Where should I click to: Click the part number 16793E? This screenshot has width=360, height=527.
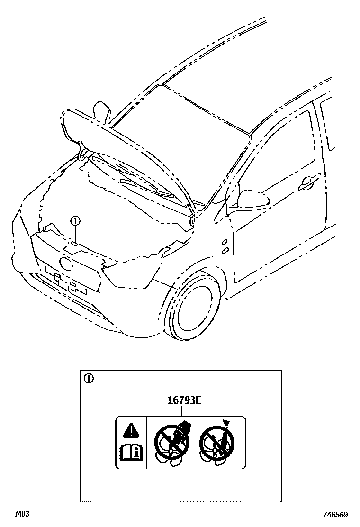click(184, 400)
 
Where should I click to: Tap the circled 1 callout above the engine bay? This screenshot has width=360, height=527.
click(75, 220)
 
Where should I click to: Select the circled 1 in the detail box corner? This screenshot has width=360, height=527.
click(89, 378)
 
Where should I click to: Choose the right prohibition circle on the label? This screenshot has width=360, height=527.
click(216, 442)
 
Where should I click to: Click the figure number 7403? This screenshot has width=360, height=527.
click(22, 514)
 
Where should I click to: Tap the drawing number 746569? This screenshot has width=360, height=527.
click(336, 514)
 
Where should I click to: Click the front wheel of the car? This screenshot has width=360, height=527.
click(194, 308)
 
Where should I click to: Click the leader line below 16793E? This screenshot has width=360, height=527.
click(184, 411)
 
